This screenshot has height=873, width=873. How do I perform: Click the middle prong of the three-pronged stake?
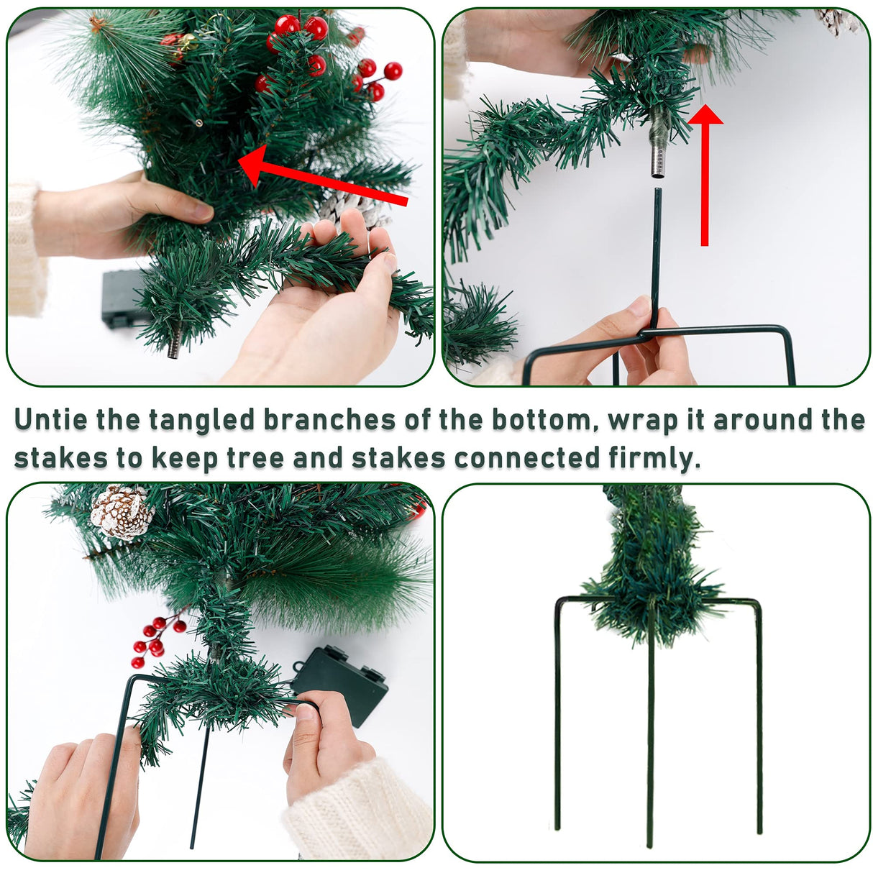coord(651,748)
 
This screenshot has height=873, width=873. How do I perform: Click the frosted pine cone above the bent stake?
coord(122,512)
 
